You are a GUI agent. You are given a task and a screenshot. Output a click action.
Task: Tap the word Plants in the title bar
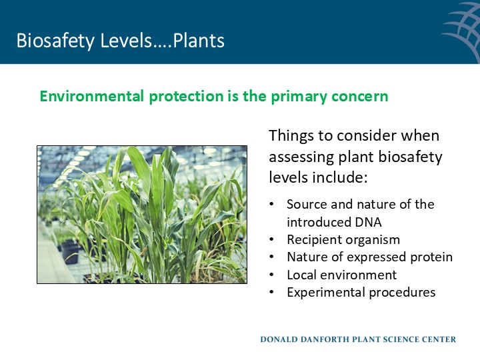[x=199, y=41]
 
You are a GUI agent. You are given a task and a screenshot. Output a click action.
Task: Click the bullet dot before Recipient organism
[x=271, y=239]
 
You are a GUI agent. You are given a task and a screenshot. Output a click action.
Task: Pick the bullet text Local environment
[x=341, y=275]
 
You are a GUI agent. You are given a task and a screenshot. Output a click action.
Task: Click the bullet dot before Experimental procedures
[x=271, y=292]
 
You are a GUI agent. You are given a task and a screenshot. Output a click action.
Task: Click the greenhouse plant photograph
[x=141, y=215]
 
